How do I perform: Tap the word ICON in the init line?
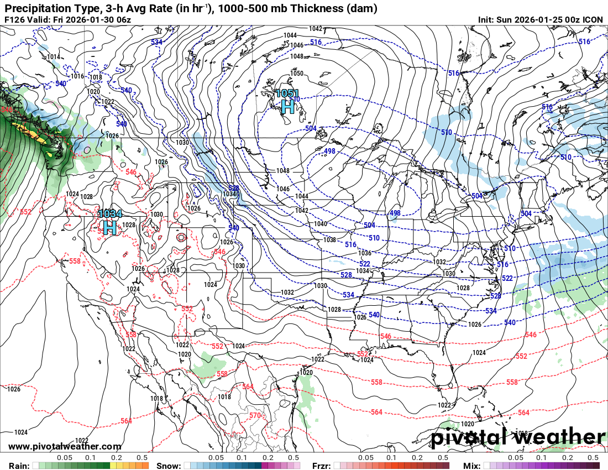593,20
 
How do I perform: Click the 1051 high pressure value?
287,93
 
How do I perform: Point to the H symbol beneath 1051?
287,106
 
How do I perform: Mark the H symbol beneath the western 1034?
109,227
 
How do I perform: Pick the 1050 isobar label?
297,74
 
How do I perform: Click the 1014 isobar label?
54,57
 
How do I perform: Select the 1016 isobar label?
77,76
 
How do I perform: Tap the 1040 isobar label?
320,224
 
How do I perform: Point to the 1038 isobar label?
329,240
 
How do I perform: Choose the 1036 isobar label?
365,253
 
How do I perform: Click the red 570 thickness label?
255,415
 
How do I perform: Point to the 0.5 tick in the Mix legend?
593,458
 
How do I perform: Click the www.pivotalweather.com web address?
65,446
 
